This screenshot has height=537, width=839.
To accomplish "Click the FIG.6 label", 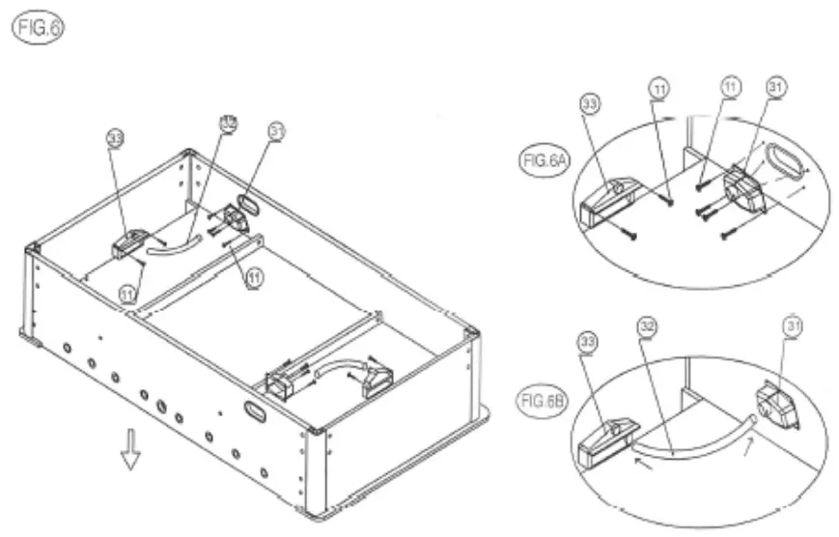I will (x=37, y=26).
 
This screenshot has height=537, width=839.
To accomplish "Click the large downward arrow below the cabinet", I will (x=128, y=451).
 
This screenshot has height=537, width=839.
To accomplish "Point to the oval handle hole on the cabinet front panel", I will (x=257, y=410).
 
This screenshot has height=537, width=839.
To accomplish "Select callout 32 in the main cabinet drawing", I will (x=229, y=124).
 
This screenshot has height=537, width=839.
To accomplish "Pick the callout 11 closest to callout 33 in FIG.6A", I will (x=658, y=88).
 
